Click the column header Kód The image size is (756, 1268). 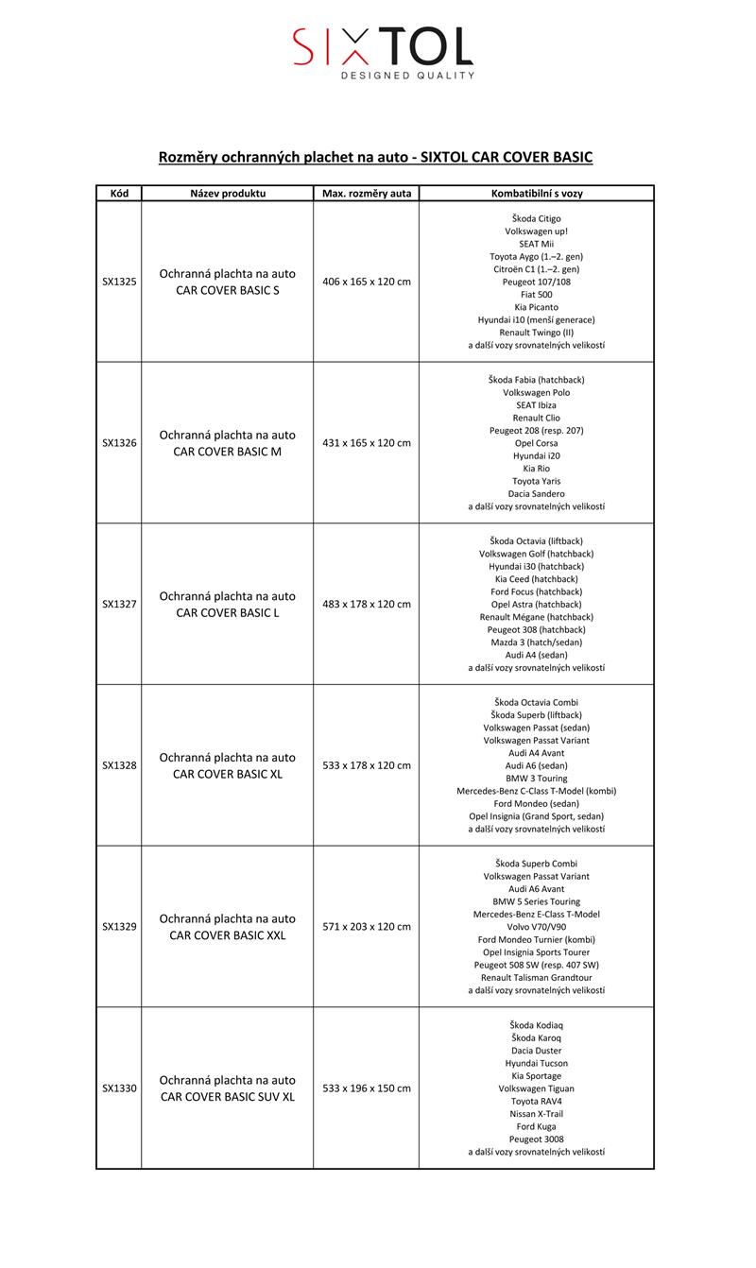(x=119, y=194)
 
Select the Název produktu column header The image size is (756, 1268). (x=228, y=194)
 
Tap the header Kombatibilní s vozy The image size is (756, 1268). (x=536, y=194)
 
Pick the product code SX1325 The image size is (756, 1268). (x=119, y=282)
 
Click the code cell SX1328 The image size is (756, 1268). (x=119, y=765)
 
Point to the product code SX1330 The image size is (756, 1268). (x=119, y=1088)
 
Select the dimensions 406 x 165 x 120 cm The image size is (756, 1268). (x=367, y=282)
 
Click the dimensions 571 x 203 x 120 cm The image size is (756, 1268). (x=367, y=927)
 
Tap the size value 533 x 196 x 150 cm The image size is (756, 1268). (x=367, y=1088)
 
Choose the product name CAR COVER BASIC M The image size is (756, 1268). (x=228, y=452)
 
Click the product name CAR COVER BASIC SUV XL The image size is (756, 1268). (x=228, y=1097)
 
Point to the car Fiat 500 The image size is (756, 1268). (x=536, y=295)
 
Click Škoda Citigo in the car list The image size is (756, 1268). (x=536, y=218)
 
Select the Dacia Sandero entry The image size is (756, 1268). (x=536, y=494)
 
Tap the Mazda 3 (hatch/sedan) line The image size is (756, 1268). (x=536, y=643)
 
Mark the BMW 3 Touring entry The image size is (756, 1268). (x=536, y=779)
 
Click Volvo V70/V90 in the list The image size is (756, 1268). (x=536, y=927)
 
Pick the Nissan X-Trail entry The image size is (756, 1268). (x=536, y=1114)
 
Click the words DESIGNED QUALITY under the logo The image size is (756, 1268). (x=407, y=76)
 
